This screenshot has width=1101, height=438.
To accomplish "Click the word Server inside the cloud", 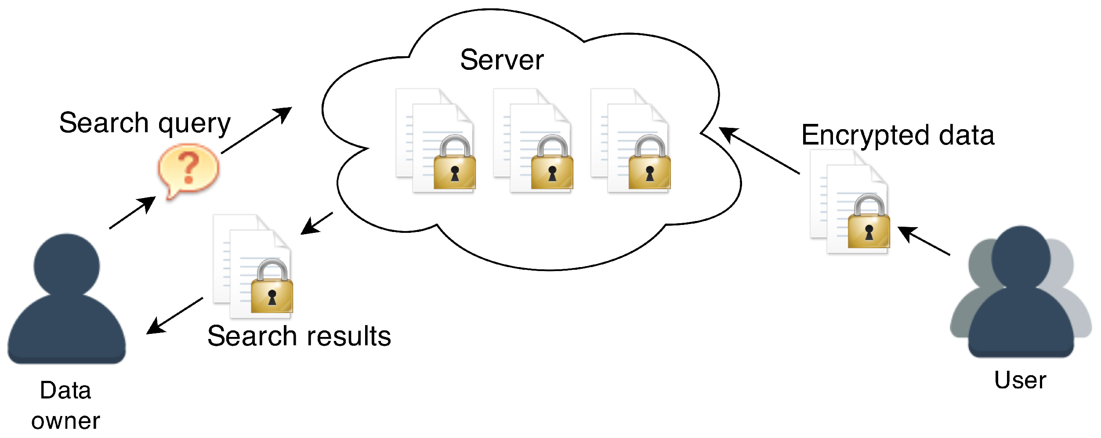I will click(x=502, y=60).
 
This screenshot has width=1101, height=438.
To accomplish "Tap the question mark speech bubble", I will click(x=188, y=169).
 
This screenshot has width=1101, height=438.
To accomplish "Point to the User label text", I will click(x=1020, y=380).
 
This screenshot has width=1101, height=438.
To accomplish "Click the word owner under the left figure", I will click(x=66, y=421).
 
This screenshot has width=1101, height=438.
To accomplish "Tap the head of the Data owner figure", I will click(x=67, y=265).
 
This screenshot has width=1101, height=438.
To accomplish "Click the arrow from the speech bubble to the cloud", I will click(x=257, y=130).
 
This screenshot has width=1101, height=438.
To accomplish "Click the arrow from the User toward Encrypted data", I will click(x=924, y=240).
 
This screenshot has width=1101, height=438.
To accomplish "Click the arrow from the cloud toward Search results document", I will click(x=317, y=223).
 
